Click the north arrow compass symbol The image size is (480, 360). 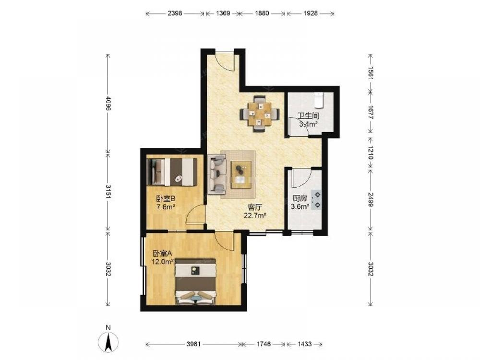(108, 342)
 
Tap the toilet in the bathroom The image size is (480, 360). (319, 100)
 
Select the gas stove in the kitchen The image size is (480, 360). (316, 200)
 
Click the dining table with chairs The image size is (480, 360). (260, 114)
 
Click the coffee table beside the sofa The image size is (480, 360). (241, 175)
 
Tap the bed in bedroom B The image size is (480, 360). (172, 172)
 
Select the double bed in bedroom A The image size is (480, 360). (196, 282)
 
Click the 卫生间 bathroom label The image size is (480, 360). (309, 116)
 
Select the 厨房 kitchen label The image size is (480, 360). (300, 198)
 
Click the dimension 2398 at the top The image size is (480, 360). (175, 13)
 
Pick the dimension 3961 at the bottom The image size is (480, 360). (193, 344)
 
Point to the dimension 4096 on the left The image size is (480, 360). (108, 104)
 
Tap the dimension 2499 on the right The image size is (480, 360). (371, 199)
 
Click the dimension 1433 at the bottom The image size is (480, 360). (304, 344)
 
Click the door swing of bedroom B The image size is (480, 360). (195, 215)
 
